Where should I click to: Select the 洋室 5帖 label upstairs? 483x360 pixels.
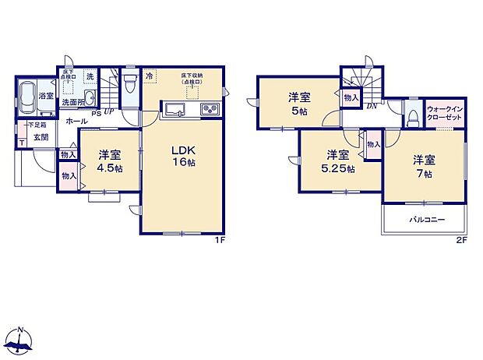pyautogui.click(x=299, y=104)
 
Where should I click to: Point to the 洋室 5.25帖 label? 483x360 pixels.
pyautogui.click(x=338, y=161)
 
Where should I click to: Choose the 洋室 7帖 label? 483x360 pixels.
pyautogui.click(x=423, y=166)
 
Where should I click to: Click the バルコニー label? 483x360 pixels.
pyautogui.click(x=428, y=220)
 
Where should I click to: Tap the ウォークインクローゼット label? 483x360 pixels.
pyautogui.click(x=444, y=112)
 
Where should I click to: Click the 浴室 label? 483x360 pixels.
pyautogui.click(x=47, y=96)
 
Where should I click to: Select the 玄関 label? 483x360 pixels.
pyautogui.click(x=41, y=136)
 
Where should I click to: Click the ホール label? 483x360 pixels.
pyautogui.click(x=76, y=122)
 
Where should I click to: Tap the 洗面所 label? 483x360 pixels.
pyautogui.click(x=73, y=102)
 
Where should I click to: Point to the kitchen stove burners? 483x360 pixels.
pyautogui.click(x=209, y=109)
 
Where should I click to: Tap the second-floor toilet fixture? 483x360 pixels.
pyautogui.click(x=410, y=116)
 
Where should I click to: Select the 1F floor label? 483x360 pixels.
pyautogui.click(x=220, y=239)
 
